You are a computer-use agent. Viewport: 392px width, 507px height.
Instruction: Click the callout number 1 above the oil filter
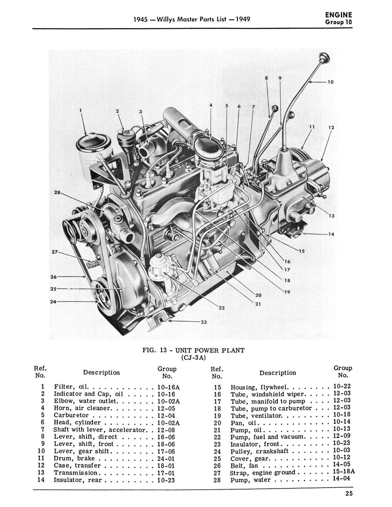81,111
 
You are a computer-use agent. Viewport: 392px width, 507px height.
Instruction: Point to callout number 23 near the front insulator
203,322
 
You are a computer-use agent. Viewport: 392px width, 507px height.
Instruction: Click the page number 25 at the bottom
348,492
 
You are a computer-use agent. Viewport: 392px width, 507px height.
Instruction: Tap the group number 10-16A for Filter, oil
168,387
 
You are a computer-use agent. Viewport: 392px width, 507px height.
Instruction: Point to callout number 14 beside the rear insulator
331,234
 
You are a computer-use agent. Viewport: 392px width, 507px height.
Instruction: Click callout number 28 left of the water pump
57,193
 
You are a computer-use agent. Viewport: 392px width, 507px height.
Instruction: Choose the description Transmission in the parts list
76,472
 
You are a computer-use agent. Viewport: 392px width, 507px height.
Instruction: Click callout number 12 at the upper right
331,127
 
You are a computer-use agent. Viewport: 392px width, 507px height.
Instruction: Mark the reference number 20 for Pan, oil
217,422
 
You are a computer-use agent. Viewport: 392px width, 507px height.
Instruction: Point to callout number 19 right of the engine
287,291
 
